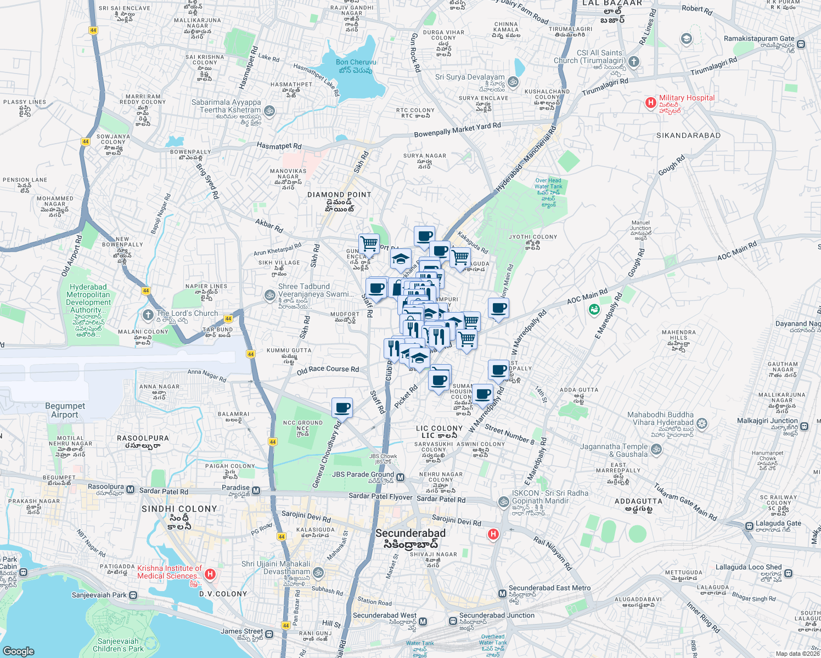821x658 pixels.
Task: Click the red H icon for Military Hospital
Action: click(x=650, y=103)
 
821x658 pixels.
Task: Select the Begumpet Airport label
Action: click(x=65, y=410)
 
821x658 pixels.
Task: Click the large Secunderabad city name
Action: click(x=410, y=533)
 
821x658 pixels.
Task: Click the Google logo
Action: click(x=18, y=651)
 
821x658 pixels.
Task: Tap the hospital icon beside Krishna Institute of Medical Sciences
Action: click(x=210, y=574)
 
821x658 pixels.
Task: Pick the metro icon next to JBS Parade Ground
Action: click(x=401, y=477)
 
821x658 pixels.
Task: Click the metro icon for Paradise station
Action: click(x=256, y=490)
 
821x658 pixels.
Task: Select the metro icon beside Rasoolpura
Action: click(x=131, y=489)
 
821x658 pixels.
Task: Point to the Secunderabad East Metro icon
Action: click(x=502, y=594)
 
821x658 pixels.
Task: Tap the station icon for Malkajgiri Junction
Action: click(x=803, y=426)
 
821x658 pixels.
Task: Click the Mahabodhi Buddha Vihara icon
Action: click(x=702, y=424)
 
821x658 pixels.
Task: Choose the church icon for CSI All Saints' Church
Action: click(x=634, y=61)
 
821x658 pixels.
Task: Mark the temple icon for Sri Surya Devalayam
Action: click(x=513, y=82)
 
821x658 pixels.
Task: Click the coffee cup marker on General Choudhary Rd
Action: click(x=342, y=408)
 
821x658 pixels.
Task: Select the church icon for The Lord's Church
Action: click(x=148, y=315)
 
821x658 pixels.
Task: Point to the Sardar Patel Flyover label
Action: click(x=380, y=497)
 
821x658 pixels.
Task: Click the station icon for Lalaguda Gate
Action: click(x=749, y=526)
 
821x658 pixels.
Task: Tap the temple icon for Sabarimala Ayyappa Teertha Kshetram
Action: click(x=269, y=111)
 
